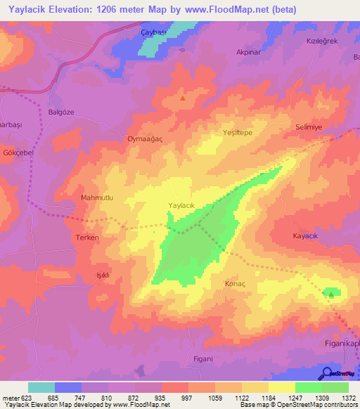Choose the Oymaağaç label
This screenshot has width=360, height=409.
point(145,139)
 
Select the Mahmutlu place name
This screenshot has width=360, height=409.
point(97,198)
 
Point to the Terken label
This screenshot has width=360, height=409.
point(87,238)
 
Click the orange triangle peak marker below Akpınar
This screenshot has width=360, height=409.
point(184,98)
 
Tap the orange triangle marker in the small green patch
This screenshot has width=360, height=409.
point(330,294)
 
